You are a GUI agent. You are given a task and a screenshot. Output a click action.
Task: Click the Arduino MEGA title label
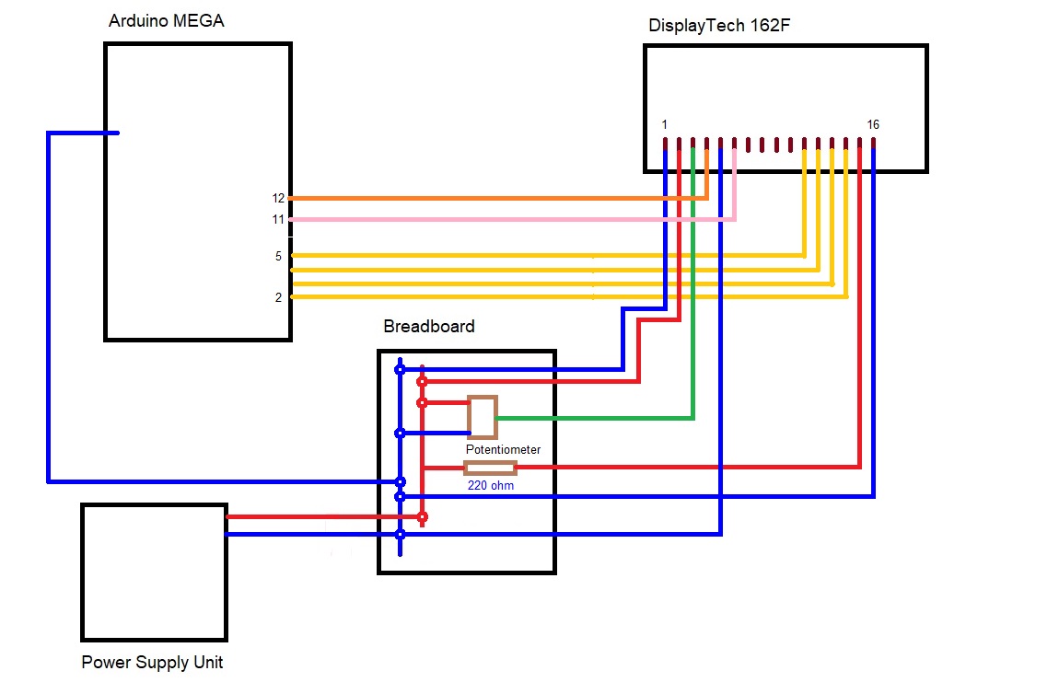pyautogui.click(x=166, y=20)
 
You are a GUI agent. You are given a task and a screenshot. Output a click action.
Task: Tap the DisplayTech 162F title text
pyautogui.click(x=719, y=26)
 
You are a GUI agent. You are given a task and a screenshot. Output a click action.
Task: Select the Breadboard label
pyautogui.click(x=429, y=326)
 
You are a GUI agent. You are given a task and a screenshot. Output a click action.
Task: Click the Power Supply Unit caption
pyautogui.click(x=152, y=662)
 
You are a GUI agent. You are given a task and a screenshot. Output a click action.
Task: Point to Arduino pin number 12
pyautogui.click(x=278, y=198)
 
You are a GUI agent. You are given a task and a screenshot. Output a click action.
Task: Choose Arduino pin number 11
pyautogui.click(x=278, y=219)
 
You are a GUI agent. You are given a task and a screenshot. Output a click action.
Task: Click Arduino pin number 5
pyautogui.click(x=278, y=256)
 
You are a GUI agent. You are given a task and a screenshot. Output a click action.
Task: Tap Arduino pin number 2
pyautogui.click(x=278, y=297)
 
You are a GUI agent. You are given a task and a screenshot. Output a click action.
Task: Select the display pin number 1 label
pyautogui.click(x=664, y=124)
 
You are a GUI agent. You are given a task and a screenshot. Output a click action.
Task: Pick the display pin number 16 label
pyautogui.click(x=873, y=124)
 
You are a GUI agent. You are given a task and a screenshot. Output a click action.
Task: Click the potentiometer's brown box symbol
pyautogui.click(x=483, y=417)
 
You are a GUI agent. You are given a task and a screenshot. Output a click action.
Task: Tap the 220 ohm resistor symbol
pyautogui.click(x=489, y=468)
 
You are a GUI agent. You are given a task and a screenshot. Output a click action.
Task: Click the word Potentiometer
pyautogui.click(x=503, y=449)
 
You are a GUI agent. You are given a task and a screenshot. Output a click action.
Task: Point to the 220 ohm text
pyautogui.click(x=491, y=485)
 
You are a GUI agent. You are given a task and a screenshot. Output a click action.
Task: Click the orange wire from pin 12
pyautogui.click(x=497, y=198)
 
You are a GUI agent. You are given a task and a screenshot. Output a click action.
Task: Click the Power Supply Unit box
pyautogui.click(x=154, y=572)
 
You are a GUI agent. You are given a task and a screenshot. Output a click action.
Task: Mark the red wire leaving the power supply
pyautogui.click(x=322, y=517)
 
